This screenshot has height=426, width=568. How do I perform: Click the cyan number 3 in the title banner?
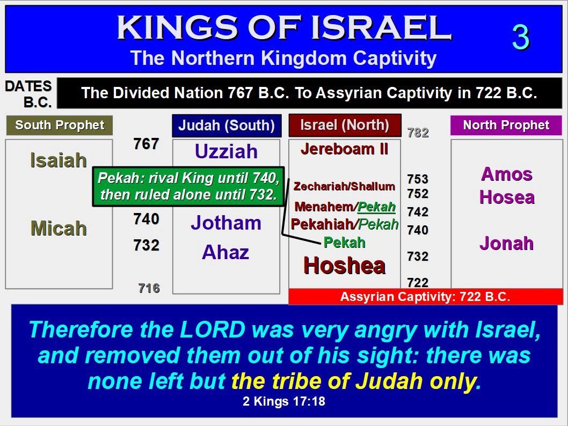coord(521,37)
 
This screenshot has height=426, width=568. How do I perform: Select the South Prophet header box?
coord(60,125)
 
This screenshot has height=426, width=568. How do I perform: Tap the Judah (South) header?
coord(227,126)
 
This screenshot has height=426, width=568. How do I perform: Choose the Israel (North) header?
coord(345,125)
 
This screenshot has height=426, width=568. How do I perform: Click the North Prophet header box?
coord(506,125)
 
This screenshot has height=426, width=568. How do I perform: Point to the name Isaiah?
coord(59,160)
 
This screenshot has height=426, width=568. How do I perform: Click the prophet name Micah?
coord(59,229)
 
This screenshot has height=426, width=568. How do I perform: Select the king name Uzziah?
coord(226,151)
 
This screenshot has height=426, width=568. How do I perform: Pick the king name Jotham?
coord(226,223)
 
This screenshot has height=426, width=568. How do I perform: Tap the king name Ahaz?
coord(225,252)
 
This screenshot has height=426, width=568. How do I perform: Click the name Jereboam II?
coord(345,149)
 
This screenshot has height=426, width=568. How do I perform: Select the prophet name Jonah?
coord(506,243)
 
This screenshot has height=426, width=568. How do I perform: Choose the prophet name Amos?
coord(506,174)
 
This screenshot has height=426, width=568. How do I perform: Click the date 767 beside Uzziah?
coord(147,144)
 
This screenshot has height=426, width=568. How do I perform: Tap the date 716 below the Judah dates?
coord(149,288)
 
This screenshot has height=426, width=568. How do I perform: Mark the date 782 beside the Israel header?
coord(418,133)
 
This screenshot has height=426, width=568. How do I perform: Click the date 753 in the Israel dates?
coord(418,179)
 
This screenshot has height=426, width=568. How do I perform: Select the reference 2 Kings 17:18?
coord(284,401)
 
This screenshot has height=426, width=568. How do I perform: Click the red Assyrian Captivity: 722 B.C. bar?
coord(426,297)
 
